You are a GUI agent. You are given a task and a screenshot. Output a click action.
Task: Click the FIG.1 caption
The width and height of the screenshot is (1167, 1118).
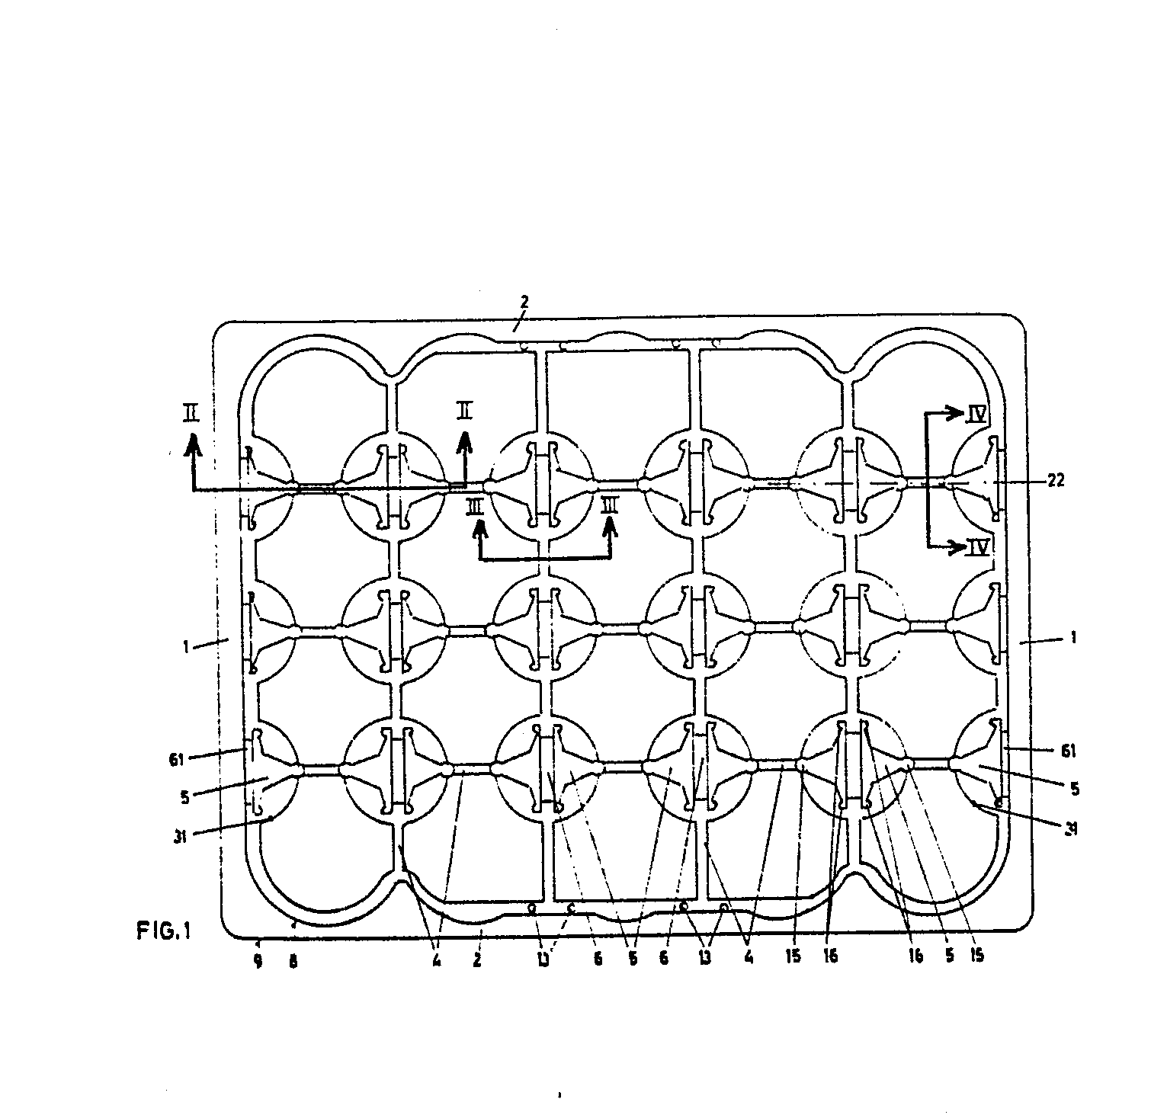[x=163, y=931]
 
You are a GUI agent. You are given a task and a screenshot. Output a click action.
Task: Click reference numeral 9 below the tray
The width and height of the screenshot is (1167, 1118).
[x=258, y=962]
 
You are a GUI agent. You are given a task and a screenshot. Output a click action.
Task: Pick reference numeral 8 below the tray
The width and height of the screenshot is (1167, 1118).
[x=292, y=962]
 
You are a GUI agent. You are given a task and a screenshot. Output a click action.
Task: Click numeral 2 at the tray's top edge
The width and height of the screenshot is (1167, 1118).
[x=524, y=303]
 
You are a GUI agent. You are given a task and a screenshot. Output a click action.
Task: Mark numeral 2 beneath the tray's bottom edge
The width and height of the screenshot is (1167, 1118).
[x=477, y=959]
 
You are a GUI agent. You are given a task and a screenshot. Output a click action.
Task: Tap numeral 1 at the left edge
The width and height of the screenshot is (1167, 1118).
[x=185, y=645]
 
